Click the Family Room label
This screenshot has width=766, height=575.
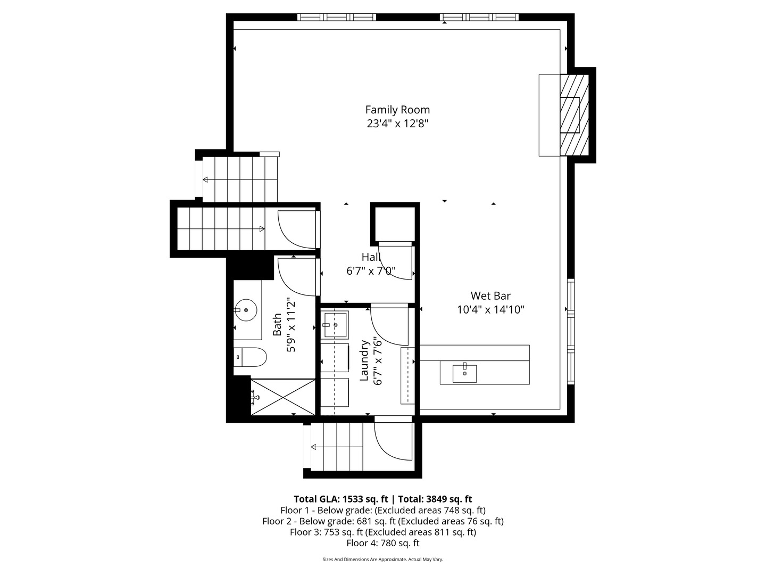pos(397,110)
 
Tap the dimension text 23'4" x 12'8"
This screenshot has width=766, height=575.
pos(397,124)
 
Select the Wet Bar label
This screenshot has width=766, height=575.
pos(490,295)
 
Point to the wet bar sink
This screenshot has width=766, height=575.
pos(464,374)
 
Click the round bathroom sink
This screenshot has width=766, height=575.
pos(246,310)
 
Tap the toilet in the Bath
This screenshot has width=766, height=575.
pos(250,357)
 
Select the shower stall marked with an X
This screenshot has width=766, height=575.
pos(283,397)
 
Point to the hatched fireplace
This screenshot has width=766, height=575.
pos(574,115)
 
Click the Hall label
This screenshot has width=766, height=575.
pos(371,257)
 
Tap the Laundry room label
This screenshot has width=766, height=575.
pos(364,360)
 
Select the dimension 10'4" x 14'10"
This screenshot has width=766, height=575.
pos(490,310)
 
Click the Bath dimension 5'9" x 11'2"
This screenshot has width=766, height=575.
pos(290,325)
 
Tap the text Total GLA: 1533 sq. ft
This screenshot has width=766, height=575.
pos(340,499)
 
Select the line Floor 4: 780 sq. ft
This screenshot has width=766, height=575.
pos(383,543)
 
